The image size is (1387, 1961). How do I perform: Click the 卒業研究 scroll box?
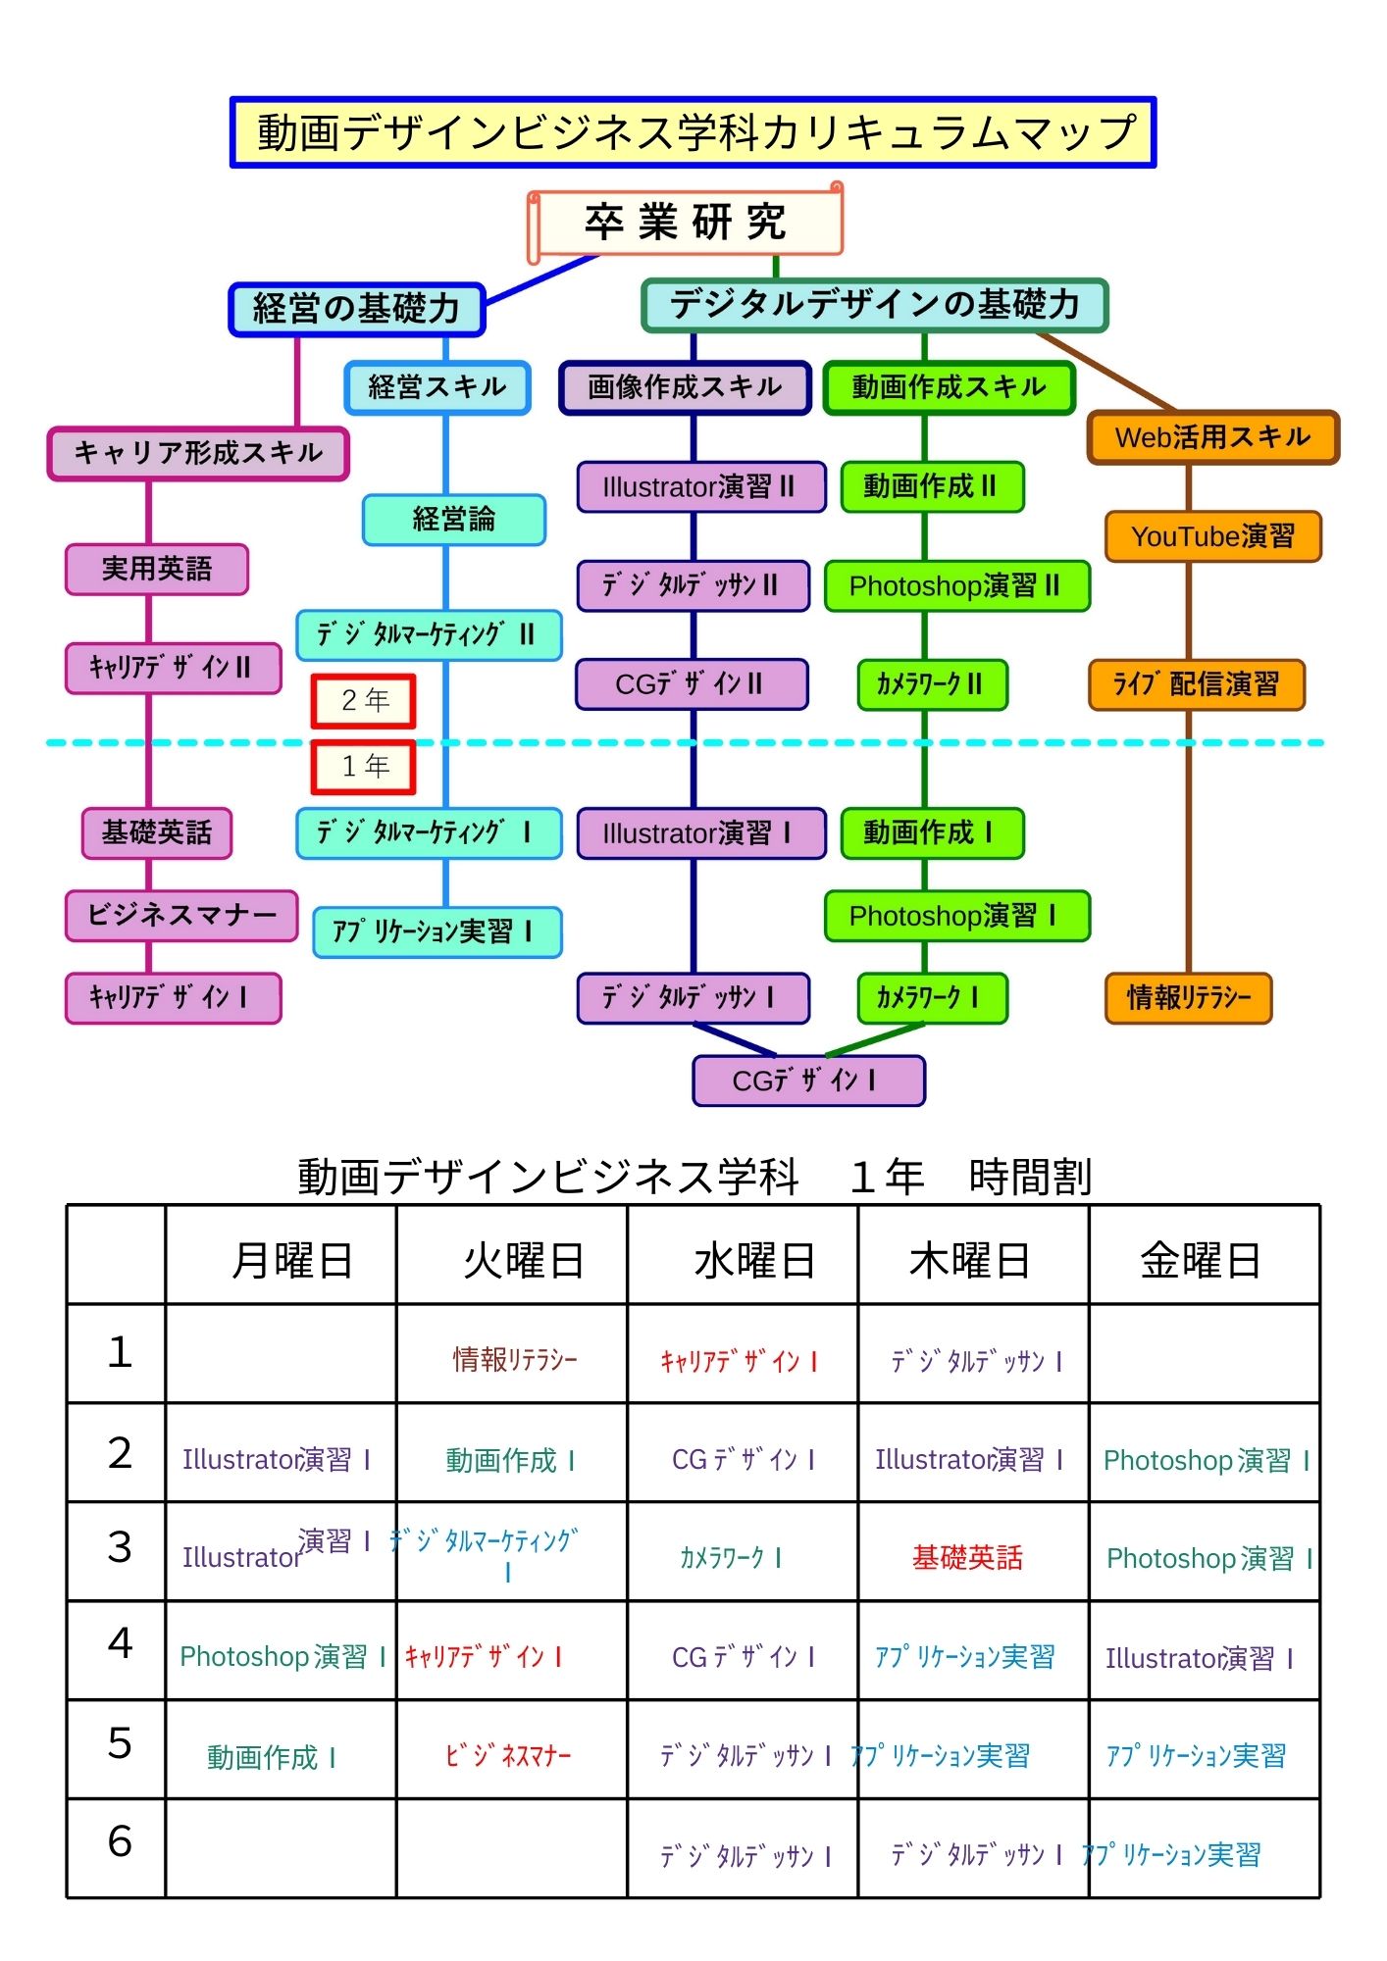coord(685,223)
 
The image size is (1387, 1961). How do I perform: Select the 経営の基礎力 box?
coord(357,309)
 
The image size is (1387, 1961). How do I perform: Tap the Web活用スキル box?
coord(1212,437)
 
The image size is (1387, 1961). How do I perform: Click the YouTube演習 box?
coord(1212,536)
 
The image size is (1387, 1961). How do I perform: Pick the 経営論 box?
coord(453,520)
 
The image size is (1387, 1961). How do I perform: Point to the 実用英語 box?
coord(157,569)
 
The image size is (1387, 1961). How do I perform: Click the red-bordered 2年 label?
coord(364,700)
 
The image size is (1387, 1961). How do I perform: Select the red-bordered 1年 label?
coord(364,766)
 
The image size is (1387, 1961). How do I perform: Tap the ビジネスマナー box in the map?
coord(181,915)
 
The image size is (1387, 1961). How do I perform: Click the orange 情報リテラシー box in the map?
coord(1188,998)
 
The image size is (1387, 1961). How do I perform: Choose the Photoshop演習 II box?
coord(956,586)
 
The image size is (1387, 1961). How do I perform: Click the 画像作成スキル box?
coord(685,387)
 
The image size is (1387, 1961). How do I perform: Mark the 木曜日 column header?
coord(971,1260)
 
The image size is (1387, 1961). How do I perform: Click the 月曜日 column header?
coord(291,1260)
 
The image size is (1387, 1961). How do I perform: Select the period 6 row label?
coord(119,1841)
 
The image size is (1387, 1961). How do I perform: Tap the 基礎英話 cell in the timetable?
coord(967,1557)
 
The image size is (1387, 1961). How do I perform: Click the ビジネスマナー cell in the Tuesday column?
coord(508,1755)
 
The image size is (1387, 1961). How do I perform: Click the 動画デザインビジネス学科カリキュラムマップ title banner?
coord(693,132)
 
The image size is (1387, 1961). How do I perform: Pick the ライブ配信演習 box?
coord(1196,684)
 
